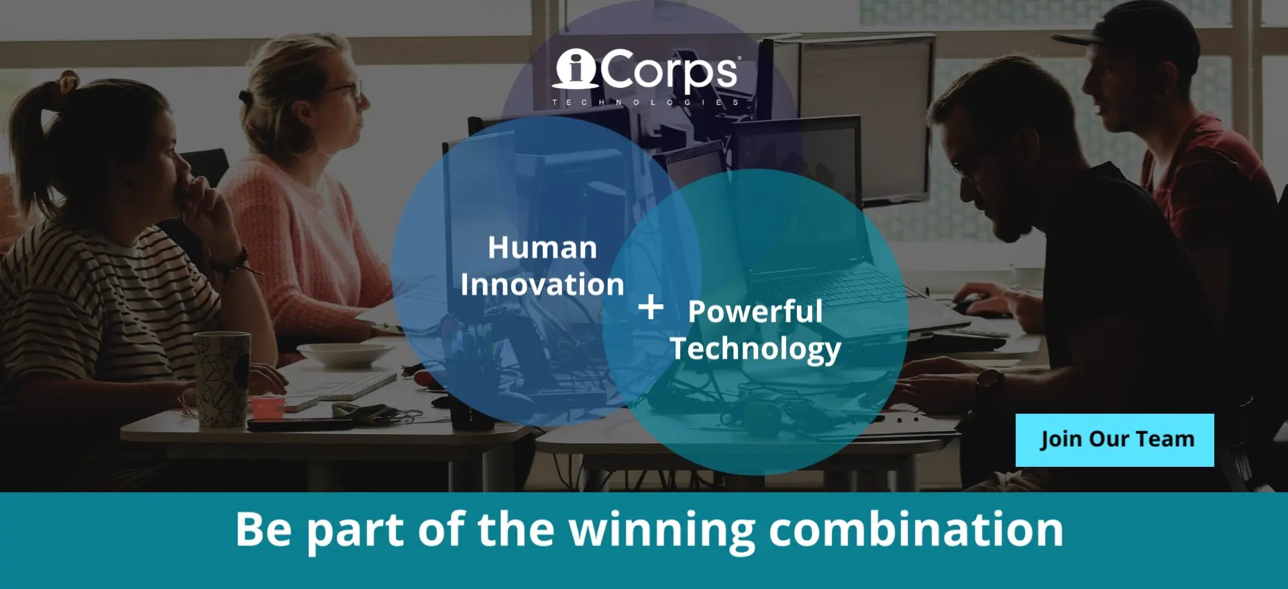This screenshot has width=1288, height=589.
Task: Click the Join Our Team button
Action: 1114,440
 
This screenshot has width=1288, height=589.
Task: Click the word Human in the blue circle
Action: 542,247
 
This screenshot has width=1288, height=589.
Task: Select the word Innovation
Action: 542,284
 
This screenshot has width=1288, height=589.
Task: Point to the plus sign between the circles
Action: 650,307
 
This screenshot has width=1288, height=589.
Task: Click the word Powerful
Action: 755,311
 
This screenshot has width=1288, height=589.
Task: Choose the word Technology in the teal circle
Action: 755,349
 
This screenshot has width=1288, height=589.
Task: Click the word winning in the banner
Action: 662,531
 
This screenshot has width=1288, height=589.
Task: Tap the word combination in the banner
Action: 916,529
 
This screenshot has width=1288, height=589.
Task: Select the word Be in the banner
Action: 263,529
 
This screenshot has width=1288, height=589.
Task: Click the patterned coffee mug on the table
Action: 222,379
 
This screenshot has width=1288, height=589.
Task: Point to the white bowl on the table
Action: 346,355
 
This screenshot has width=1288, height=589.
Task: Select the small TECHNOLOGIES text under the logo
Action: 645,102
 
